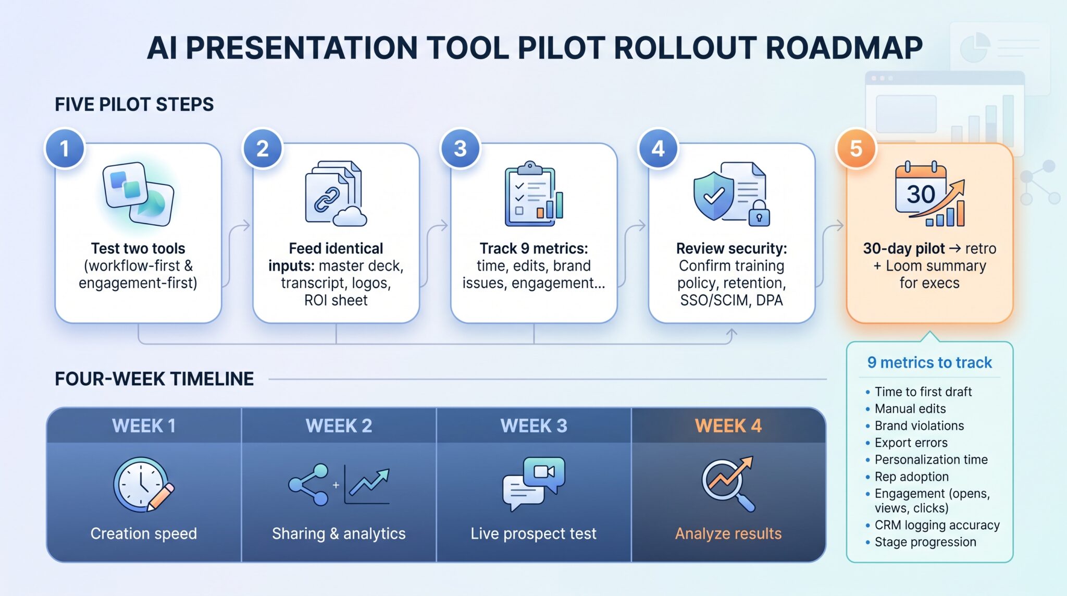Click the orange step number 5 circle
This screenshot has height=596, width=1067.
click(x=856, y=149)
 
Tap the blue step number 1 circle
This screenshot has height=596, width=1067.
click(x=65, y=149)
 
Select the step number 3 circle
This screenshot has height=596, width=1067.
click(x=460, y=149)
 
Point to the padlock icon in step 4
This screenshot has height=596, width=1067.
click(x=759, y=214)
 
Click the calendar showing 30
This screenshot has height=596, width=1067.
click(x=920, y=189)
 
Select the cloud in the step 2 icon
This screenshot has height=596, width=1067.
click(x=350, y=216)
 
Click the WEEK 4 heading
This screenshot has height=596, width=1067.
click(x=728, y=426)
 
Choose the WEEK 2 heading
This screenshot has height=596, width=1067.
click(x=339, y=426)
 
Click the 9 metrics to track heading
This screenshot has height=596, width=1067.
click(x=929, y=362)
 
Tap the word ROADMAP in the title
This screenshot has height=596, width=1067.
click(x=844, y=48)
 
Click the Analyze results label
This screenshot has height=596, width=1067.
click(x=728, y=533)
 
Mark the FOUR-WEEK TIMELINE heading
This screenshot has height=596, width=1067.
click(x=154, y=379)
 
